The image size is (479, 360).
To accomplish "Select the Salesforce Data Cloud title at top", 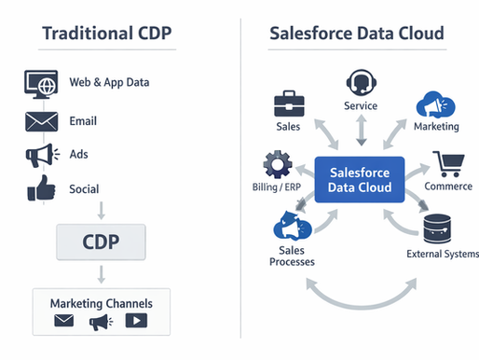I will (x=357, y=35).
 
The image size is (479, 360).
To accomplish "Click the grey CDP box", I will (x=100, y=242).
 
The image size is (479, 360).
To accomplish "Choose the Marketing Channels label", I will (x=101, y=303).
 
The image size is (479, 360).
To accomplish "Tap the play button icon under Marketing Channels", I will (x=136, y=322).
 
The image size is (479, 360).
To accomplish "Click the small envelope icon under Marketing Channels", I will (x=63, y=322).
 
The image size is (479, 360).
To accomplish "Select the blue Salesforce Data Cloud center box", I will (x=360, y=179).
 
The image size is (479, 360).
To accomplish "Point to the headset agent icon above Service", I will (x=360, y=81).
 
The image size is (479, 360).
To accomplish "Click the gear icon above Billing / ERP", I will (x=277, y=165).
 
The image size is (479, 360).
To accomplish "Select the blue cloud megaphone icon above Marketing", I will (x=434, y=104).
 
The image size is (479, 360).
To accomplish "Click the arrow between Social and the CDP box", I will (x=100, y=211).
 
